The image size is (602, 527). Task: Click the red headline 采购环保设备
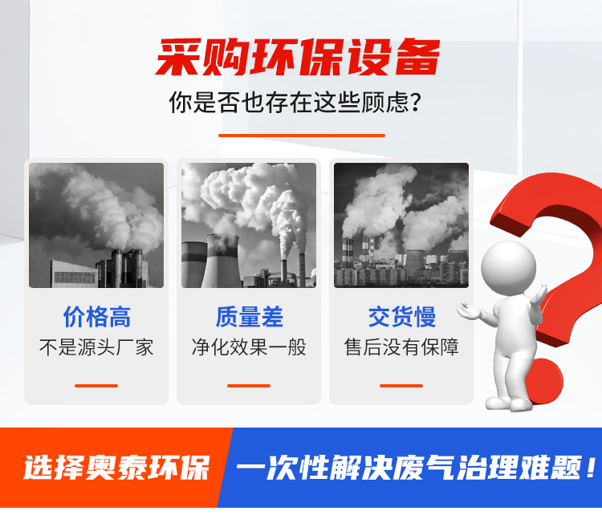(298, 58)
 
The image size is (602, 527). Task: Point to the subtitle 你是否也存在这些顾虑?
(295, 103)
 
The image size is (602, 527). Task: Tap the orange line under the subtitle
(301, 136)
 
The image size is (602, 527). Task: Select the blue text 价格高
(97, 317)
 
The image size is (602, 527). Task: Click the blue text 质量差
(249, 317)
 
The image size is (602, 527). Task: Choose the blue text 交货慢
(402, 317)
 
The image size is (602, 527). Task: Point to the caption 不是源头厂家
(96, 347)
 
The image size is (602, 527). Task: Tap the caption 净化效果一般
(249, 347)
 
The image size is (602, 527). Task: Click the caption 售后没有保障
(401, 347)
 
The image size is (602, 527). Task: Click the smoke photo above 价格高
(96, 225)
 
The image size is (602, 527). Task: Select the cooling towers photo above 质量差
(249, 225)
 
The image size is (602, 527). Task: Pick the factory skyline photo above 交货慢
(401, 225)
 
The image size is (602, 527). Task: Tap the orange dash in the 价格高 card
(96, 386)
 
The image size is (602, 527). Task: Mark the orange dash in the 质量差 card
(249, 386)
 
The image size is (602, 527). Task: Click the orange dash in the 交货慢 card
(401, 386)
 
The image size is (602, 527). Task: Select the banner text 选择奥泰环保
(116, 468)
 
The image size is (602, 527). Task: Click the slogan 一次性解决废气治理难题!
(417, 468)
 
